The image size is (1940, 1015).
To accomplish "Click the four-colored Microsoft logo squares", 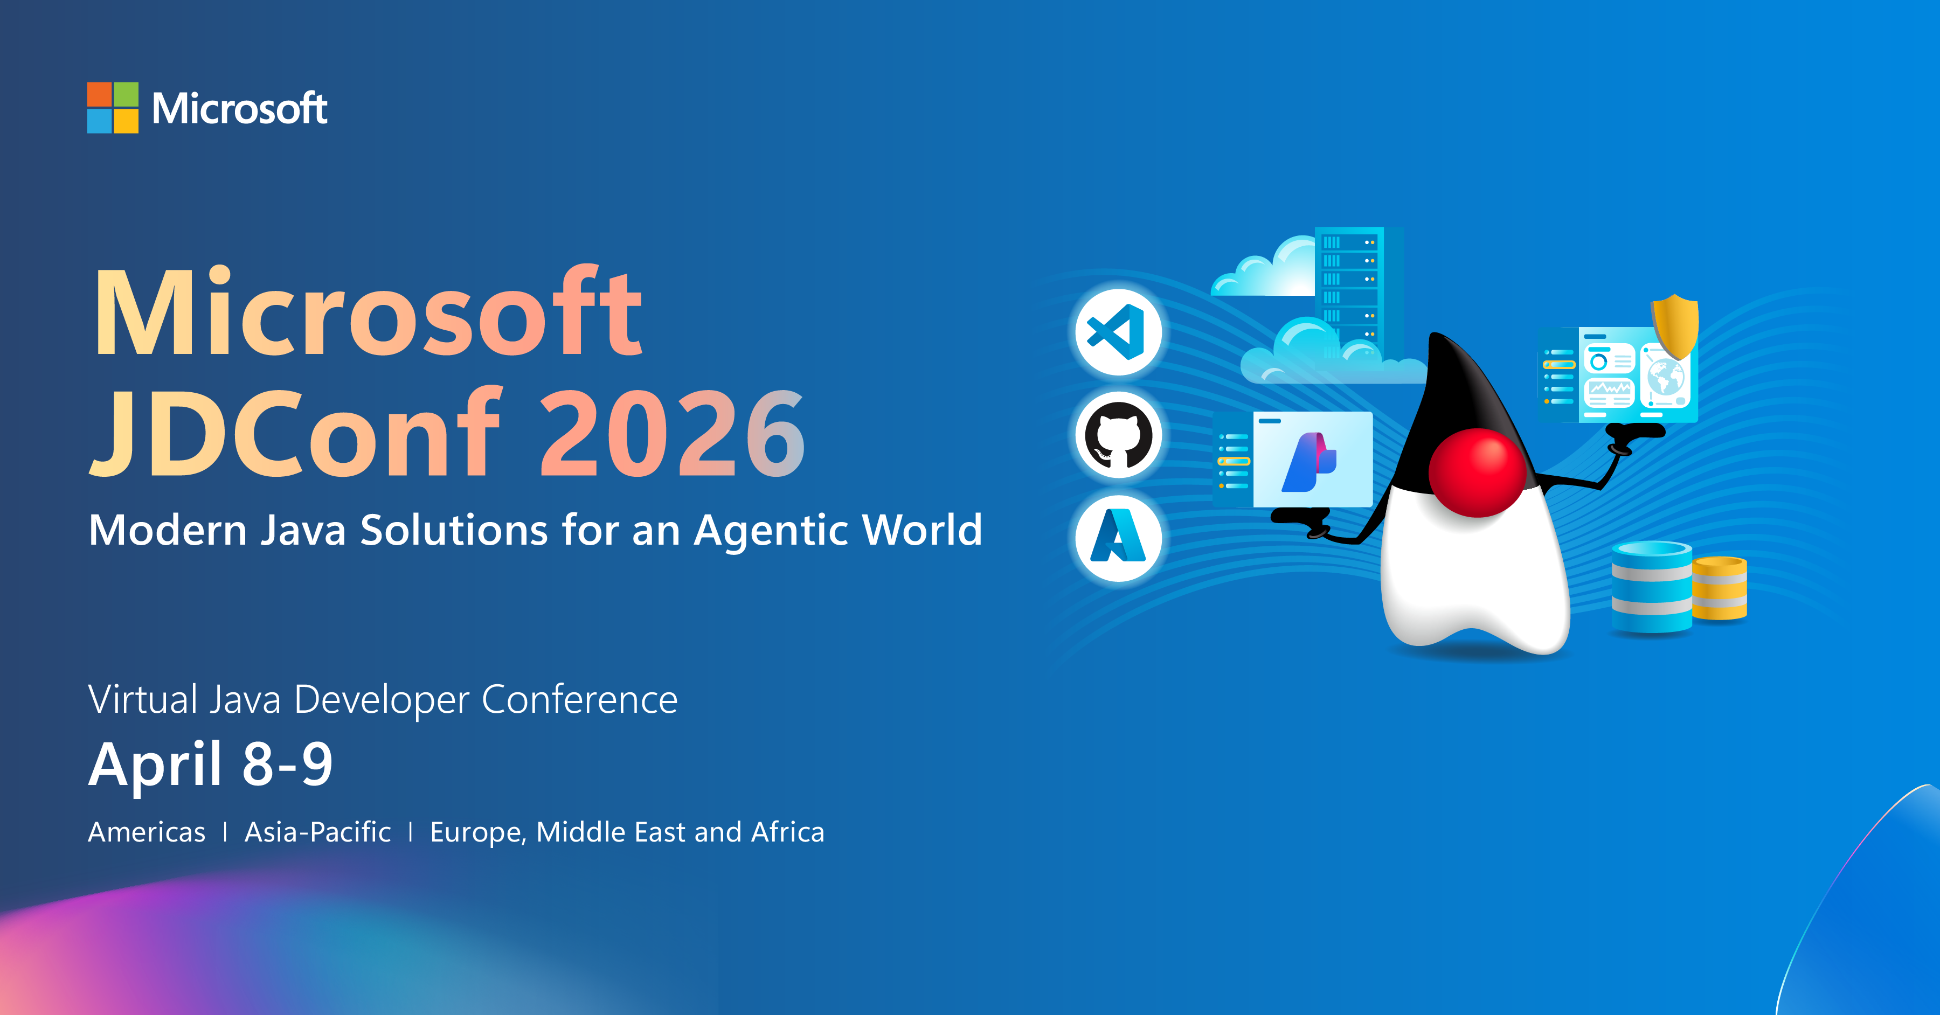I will [x=113, y=108].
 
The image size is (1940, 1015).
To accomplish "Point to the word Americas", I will [x=147, y=832].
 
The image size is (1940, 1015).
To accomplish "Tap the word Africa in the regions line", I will [x=788, y=832].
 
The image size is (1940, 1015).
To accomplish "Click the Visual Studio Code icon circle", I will [x=1118, y=332].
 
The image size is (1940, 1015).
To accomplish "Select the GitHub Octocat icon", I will [x=1118, y=435].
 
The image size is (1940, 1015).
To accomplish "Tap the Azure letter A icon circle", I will [x=1118, y=538].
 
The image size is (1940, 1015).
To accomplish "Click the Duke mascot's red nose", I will [x=1477, y=472].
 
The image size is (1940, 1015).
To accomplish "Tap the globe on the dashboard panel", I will [x=1665, y=377].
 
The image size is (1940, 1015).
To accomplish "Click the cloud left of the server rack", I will [x=1265, y=269].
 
